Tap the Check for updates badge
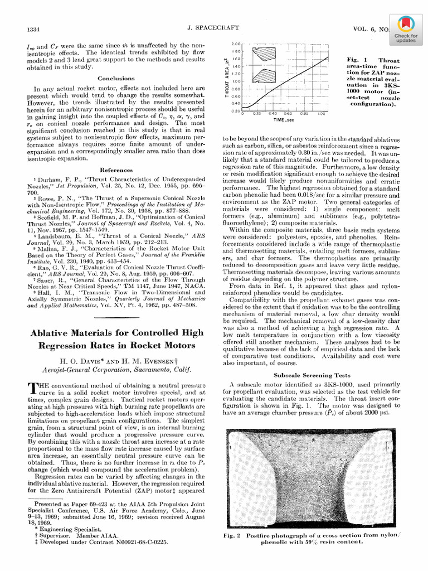click(406, 30)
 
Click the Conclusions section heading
click(116, 79)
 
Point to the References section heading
click(116, 170)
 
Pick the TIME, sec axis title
click(284, 120)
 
